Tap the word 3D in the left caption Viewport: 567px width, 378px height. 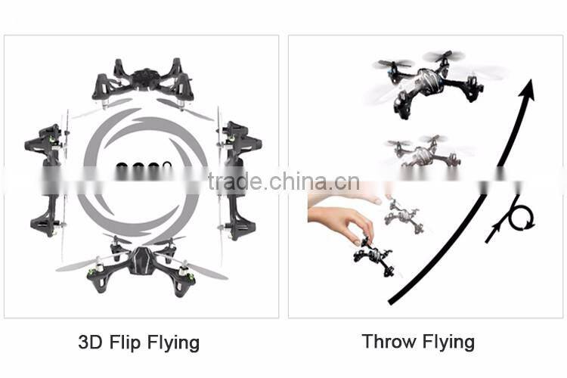pos(89,342)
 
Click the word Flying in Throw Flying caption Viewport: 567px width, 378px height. pos(447,341)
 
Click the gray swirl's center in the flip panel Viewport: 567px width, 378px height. pos(144,170)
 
